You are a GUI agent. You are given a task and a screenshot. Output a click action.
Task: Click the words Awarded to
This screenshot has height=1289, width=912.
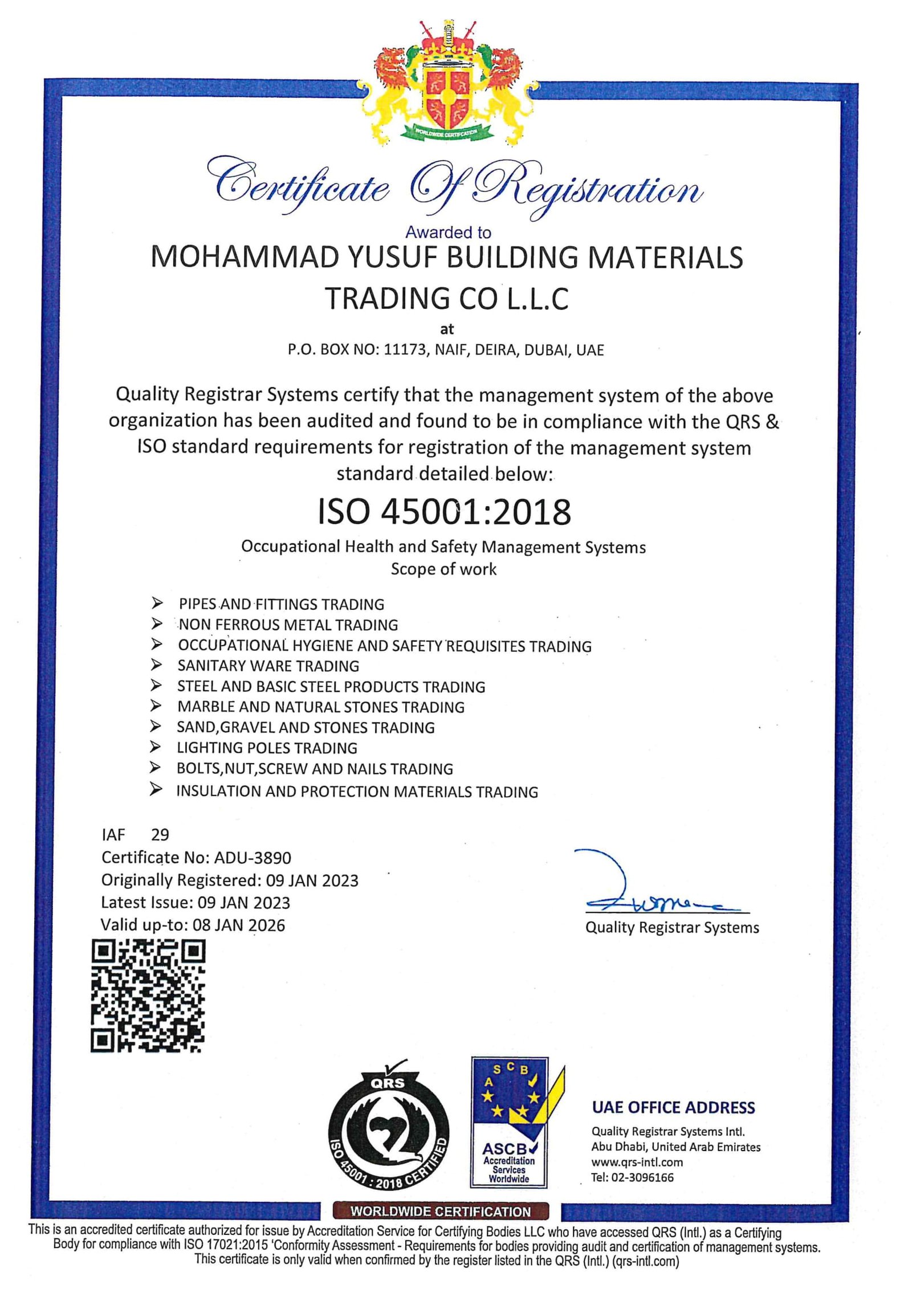click(448, 232)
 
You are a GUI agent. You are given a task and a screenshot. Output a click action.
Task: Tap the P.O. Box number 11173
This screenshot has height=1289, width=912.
click(404, 350)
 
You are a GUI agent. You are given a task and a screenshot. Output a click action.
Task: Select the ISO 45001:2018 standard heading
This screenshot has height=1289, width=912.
click(444, 511)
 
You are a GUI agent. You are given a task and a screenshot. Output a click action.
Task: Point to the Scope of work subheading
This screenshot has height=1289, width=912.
click(443, 569)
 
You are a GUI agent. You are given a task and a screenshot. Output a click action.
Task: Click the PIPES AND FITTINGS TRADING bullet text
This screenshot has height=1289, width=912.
click(282, 604)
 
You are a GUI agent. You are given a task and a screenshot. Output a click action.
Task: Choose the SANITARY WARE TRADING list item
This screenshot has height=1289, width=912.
click(268, 666)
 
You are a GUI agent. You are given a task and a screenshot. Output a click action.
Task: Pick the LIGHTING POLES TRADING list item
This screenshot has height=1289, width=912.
click(267, 748)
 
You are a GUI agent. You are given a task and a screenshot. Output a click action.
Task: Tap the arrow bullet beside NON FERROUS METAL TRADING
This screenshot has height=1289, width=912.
click(157, 624)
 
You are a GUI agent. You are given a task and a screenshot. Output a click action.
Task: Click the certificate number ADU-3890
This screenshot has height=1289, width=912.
click(253, 858)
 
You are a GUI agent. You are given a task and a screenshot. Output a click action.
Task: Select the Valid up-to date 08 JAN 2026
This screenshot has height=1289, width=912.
click(239, 925)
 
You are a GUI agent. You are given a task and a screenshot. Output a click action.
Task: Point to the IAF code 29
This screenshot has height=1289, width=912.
click(160, 835)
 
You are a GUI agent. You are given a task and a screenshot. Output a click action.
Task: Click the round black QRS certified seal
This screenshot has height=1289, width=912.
click(389, 1132)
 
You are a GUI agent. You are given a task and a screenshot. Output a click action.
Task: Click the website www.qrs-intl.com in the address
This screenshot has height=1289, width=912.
click(637, 1162)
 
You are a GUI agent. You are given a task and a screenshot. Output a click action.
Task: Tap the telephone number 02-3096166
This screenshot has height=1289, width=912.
click(642, 1177)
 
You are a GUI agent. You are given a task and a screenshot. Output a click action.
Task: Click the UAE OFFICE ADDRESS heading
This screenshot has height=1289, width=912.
click(673, 1107)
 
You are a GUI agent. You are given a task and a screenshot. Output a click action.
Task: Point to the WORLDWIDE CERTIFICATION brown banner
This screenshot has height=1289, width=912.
click(441, 1211)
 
